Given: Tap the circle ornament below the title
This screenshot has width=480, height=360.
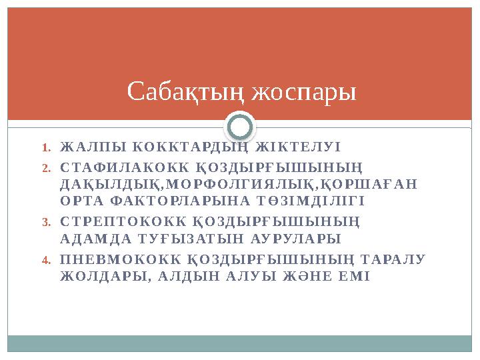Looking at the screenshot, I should click(240, 127).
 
